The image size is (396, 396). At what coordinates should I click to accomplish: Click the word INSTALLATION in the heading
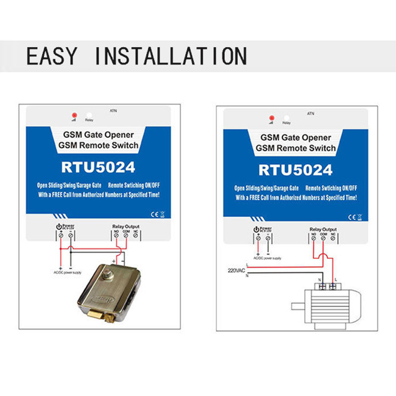tap(170, 55)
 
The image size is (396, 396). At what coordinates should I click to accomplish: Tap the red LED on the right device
tap(271, 117)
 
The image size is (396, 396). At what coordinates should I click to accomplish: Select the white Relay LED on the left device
tap(89, 113)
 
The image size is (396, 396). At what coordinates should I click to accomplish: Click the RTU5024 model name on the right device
tap(296, 170)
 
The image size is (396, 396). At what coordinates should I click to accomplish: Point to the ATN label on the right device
tap(310, 113)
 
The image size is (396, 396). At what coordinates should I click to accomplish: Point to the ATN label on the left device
tap(113, 109)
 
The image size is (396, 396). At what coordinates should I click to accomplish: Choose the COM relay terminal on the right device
tap(323, 239)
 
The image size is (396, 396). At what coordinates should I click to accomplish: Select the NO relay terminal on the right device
tap(314, 239)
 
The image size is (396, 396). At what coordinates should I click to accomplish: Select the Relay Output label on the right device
tap(323, 230)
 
